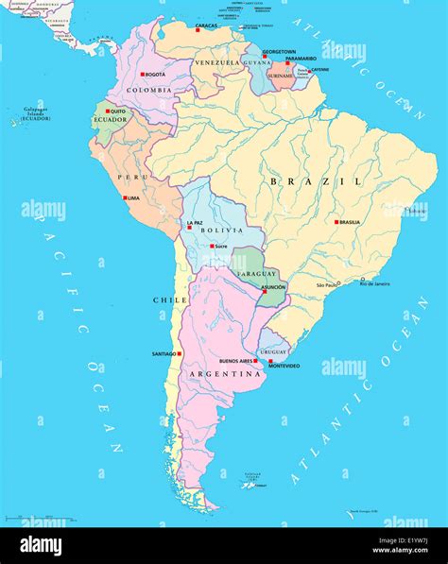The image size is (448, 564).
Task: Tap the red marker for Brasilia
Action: coord(336,222)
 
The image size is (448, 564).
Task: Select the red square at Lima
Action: coord(125,198)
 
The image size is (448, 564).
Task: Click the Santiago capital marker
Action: coord(180,354)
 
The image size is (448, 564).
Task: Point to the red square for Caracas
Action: coord(198,30)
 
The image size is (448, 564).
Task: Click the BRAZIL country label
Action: coord(315,180)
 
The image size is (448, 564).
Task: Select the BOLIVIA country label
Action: coord(219,231)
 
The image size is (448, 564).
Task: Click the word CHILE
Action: coord(164,299)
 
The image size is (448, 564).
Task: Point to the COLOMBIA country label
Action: coord(149,90)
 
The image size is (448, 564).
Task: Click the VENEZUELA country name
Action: coord(217,62)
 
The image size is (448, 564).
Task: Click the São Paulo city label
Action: coord(327,284)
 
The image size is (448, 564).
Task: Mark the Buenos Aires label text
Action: coord(234,361)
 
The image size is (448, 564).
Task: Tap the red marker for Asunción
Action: coord(262,292)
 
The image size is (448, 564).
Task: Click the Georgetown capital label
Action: coord(280,51)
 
